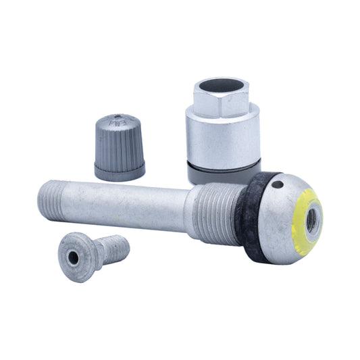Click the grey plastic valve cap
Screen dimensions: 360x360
click(119, 147)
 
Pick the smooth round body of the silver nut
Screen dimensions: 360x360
click(223, 138)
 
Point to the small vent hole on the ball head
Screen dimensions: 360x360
click(277, 184)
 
